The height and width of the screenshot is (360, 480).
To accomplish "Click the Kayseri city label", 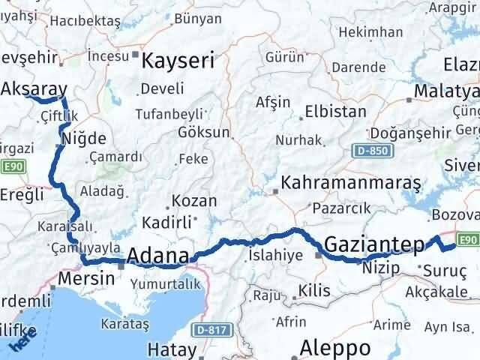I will tap(178, 60).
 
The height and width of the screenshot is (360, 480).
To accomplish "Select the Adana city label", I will tap(157, 256).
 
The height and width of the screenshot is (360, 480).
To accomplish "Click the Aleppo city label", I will tap(335, 347).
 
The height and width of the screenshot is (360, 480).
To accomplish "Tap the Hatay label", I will tap(172, 349).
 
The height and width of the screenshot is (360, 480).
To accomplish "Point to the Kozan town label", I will tap(194, 201).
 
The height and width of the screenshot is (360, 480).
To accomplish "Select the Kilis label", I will tap(313, 289).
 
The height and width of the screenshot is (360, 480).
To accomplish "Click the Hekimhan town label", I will tap(370, 32).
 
